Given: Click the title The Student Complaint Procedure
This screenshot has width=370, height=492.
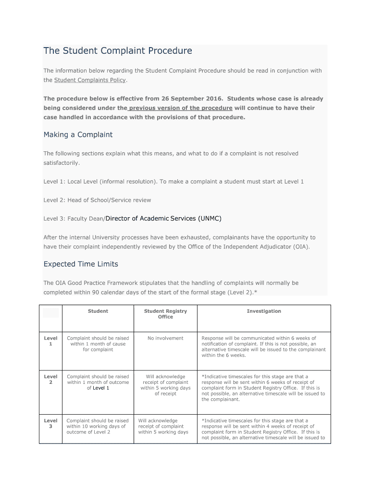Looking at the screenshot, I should (x=118, y=51).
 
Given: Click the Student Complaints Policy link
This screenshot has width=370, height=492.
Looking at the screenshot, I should (x=90, y=80).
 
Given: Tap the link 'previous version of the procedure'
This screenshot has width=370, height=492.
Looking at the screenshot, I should (x=181, y=108).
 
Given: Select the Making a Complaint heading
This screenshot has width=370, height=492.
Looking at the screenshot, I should (x=78, y=135).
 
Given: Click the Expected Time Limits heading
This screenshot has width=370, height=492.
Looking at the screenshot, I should (x=81, y=264).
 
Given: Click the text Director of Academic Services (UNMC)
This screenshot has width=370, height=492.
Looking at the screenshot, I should (x=163, y=219).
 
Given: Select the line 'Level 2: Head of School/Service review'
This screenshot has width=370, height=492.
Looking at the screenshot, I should (x=97, y=200).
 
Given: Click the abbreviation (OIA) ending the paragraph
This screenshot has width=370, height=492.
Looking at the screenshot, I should (x=300, y=246).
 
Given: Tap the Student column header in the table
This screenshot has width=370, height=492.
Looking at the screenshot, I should (x=98, y=311).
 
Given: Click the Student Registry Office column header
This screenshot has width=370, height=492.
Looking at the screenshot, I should (x=165, y=314).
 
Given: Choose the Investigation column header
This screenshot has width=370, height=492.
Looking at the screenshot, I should (x=264, y=311).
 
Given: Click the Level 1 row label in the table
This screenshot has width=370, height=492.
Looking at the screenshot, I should (x=50, y=341).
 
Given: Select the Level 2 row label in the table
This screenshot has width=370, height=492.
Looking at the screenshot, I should (x=50, y=380).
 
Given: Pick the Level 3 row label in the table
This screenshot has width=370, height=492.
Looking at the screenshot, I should (x=50, y=423).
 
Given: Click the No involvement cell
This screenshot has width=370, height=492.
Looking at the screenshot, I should (x=165, y=338).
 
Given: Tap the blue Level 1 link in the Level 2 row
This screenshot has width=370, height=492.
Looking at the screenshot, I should (x=101, y=388).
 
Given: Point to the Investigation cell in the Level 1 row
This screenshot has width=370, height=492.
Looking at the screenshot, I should (x=263, y=347).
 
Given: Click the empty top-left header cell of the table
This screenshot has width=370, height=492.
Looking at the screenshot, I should (x=50, y=313).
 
